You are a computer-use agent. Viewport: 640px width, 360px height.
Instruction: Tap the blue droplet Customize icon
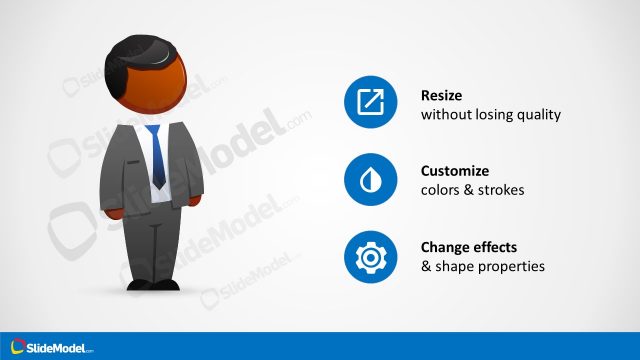370,180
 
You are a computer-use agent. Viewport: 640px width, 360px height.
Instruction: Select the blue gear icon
370,256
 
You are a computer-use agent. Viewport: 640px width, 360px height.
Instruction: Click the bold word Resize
443,96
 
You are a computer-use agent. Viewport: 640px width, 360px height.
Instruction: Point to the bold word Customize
456,171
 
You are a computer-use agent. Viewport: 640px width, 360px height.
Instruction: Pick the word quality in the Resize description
539,115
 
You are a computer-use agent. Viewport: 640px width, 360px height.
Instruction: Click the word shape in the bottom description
456,266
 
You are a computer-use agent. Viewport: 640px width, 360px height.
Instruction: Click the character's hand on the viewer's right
196,201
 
